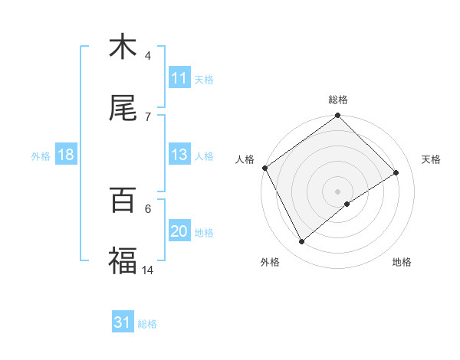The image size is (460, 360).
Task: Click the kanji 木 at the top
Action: tap(123, 47)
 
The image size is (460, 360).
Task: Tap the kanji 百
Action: tap(123, 201)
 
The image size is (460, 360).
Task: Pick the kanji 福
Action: tap(123, 262)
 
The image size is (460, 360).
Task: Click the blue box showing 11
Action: tap(179, 79)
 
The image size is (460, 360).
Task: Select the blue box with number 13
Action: tap(179, 155)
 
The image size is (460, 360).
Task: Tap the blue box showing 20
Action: tap(179, 232)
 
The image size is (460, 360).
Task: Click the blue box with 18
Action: tap(66, 155)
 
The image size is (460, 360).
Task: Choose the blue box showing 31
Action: tap(123, 323)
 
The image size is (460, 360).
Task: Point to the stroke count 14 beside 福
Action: tap(148, 270)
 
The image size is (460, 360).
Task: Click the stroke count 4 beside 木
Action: tap(148, 56)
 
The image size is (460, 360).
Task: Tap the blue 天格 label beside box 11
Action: tap(204, 80)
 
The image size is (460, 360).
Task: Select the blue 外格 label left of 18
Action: tap(41, 156)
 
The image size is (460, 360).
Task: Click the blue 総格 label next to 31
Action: tap(148, 324)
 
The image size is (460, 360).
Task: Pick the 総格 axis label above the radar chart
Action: tap(338, 100)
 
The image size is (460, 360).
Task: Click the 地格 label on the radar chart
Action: tap(402, 262)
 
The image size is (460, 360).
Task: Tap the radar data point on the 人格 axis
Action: tap(264, 168)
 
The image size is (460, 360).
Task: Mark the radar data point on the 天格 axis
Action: tap(396, 173)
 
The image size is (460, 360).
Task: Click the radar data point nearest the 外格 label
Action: tap(302, 242)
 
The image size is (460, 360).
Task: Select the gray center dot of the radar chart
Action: tap(338, 191)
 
